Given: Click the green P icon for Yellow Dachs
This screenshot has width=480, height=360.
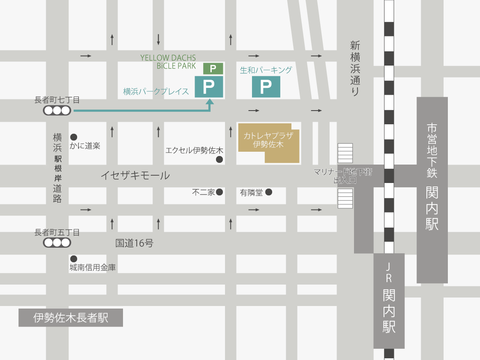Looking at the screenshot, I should click(213, 68).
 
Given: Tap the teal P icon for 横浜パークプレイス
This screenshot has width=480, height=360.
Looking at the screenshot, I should click(209, 87).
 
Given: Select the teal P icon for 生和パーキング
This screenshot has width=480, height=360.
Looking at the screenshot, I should click(266, 87).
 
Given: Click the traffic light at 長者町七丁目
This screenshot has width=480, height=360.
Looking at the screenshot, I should click(57, 111).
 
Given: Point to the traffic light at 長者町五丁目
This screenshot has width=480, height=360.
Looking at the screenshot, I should click(57, 243).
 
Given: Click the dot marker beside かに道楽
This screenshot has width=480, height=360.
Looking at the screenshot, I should click(74, 137).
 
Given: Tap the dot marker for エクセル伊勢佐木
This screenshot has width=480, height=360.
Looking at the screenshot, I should click(219, 159).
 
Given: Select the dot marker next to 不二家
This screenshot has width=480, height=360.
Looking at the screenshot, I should click(219, 192).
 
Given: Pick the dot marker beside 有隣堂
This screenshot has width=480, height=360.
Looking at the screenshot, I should click(269, 192).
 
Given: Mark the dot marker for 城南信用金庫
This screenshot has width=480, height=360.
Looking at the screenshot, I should click(74, 258).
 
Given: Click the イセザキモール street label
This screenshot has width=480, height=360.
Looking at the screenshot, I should click(135, 175).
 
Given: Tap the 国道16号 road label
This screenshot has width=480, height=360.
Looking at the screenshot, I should click(134, 243).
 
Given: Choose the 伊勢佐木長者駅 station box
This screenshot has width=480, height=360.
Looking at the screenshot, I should click(71, 318).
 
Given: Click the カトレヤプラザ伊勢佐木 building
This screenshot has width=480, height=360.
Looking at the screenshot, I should click(268, 143).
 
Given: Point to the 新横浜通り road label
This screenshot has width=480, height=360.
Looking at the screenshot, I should click(355, 69).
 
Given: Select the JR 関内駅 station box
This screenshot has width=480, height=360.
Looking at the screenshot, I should click(389, 300).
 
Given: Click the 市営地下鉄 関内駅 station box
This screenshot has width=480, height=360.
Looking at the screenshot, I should click(432, 189).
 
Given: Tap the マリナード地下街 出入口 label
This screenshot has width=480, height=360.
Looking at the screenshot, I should click(342, 176).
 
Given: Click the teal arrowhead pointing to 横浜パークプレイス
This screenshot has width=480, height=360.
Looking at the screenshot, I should click(210, 103).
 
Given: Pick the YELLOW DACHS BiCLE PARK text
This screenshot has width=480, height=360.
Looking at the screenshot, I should click(168, 62).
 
